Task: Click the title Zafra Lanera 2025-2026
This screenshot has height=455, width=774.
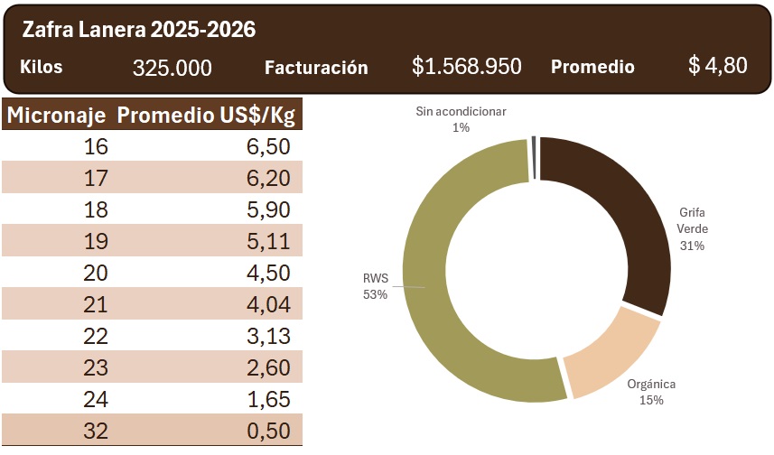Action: click(x=139, y=30)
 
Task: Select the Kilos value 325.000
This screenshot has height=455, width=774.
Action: click(x=173, y=68)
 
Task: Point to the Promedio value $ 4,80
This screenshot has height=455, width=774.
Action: click(x=717, y=66)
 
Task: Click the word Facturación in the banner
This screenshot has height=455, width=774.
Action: click(x=316, y=68)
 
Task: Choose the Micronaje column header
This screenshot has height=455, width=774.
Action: click(x=58, y=116)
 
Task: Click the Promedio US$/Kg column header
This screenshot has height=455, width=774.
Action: click(x=207, y=116)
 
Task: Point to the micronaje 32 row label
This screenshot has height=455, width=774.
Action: click(x=96, y=431)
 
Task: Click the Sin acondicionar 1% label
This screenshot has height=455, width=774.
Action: click(x=461, y=119)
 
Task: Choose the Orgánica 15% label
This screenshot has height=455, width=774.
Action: click(x=651, y=392)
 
